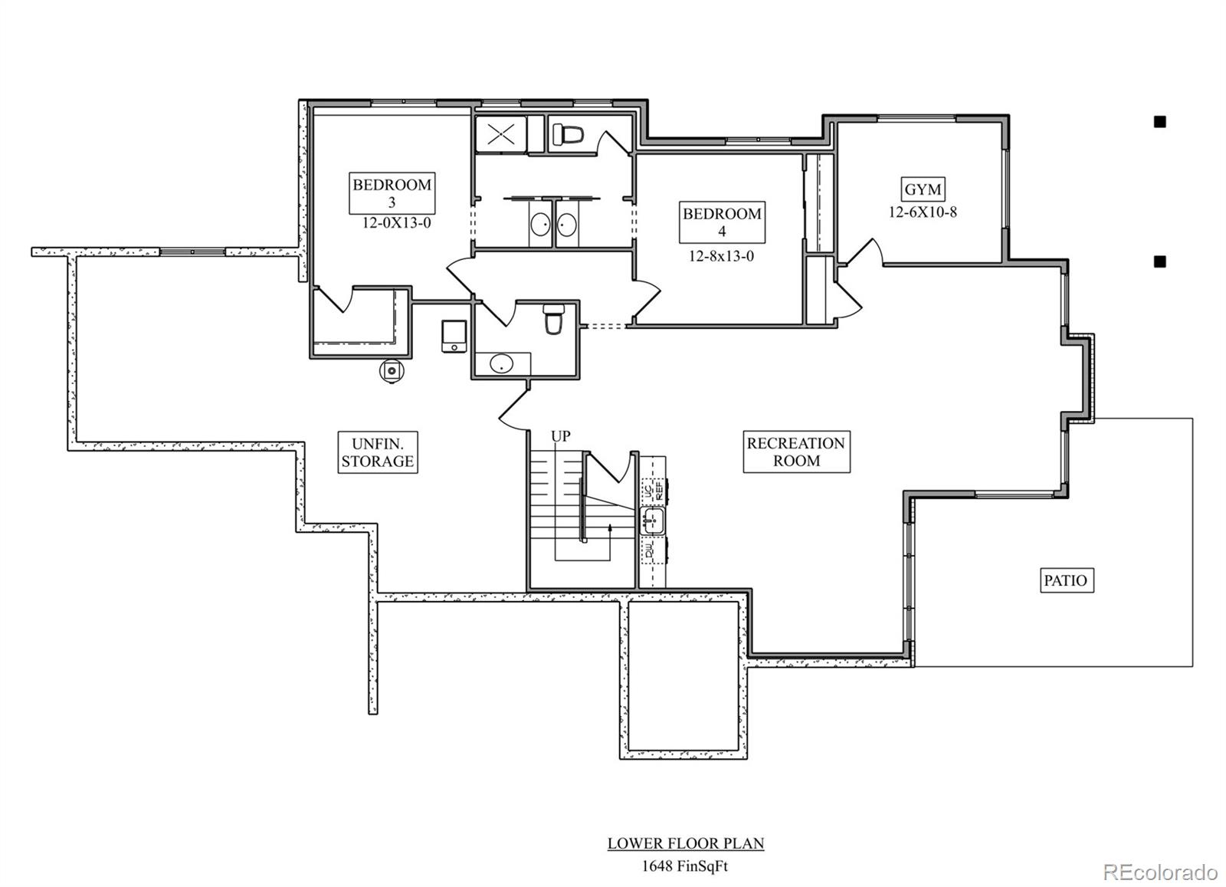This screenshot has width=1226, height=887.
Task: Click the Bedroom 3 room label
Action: coord(392,193)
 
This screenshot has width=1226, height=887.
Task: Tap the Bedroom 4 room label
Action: coord(722,222)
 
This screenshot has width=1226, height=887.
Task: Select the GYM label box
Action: coord(923,189)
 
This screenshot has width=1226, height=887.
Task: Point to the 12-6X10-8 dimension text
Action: coord(923,212)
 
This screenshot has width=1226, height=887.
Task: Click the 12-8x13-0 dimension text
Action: coord(720,257)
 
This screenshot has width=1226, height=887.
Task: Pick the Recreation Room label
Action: coord(796,452)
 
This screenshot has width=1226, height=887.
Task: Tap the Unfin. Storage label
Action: coord(378,452)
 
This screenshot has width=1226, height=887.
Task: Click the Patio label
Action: coord(1065,580)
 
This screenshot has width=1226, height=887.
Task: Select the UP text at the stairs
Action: coord(561,436)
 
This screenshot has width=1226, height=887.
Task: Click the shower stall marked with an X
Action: coord(501,134)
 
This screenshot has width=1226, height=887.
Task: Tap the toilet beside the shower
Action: coord(568,135)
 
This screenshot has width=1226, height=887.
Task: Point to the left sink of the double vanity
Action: coord(539,225)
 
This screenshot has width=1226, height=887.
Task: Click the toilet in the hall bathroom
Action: coord(553,319)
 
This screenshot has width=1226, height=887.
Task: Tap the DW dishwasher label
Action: coord(649,550)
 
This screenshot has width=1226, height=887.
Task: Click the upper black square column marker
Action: coord(1159,122)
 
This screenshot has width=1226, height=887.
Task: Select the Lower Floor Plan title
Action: coord(686,843)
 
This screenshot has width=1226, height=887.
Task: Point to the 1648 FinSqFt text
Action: coord(686,866)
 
